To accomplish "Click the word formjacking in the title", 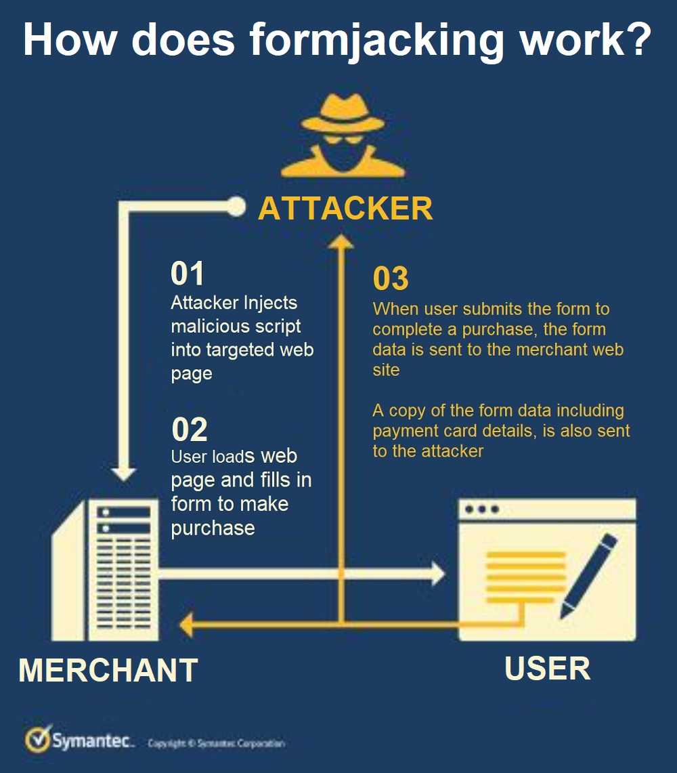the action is tap(376, 41).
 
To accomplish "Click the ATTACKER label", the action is tap(345, 208).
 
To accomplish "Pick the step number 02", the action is tap(190, 429).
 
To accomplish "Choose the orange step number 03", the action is tap(391, 278).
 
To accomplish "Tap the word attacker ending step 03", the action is tap(452, 452).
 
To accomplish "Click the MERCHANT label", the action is tap(108, 671).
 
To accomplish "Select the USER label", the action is tap(548, 669).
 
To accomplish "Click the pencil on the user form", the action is tap(588, 576).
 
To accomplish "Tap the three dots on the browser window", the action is tap(482, 509).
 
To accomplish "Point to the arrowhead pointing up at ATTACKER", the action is tap(341, 242).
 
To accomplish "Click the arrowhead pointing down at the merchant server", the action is tap(124, 474).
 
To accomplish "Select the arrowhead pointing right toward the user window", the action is tap(438, 574).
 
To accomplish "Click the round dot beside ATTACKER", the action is tap(236, 207).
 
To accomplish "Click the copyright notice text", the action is tap(217, 743).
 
